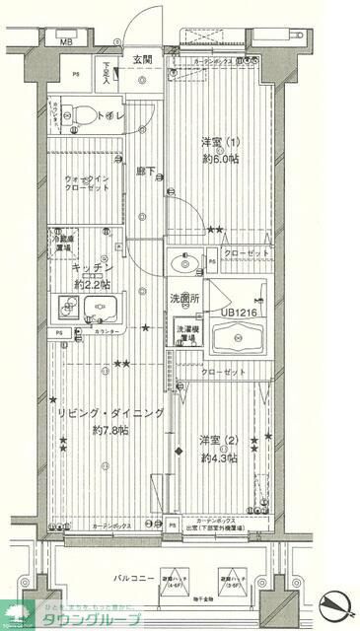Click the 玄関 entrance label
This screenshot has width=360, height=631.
144,60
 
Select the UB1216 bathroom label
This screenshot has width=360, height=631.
240,313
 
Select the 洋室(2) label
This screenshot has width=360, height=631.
219,439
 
